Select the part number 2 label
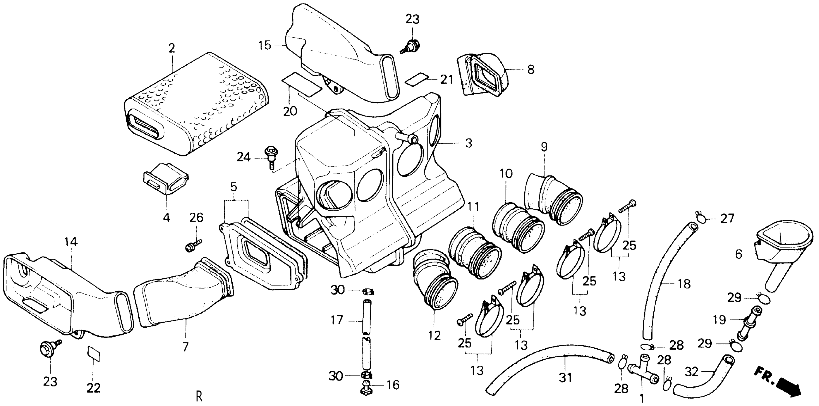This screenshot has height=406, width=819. pyautogui.click(x=172, y=49)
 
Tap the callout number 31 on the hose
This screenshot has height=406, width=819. pyautogui.click(x=565, y=378)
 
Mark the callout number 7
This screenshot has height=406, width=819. pyautogui.click(x=185, y=347)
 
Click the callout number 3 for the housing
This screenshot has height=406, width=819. pyautogui.click(x=468, y=143)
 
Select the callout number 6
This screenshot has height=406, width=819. pyautogui.click(x=738, y=254)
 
